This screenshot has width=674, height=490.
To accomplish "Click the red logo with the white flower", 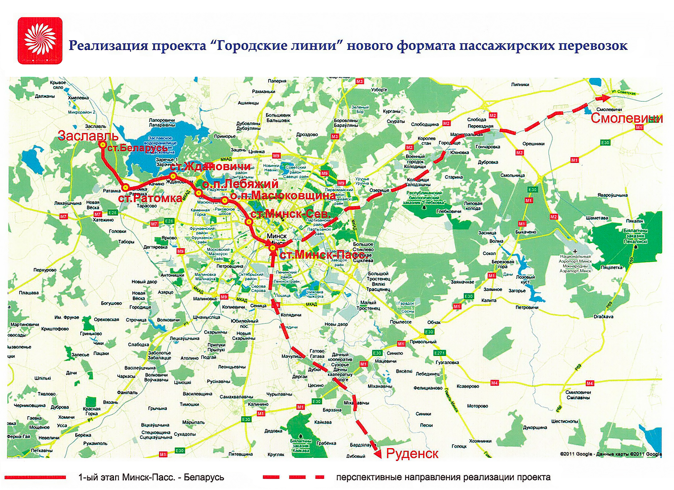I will click(40, 41).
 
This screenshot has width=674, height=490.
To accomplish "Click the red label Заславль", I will click(88, 136).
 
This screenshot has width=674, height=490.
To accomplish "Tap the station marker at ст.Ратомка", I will click(125, 187).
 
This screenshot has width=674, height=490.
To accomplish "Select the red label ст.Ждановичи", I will click(210, 166).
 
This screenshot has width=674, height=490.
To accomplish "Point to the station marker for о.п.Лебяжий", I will click(199, 193).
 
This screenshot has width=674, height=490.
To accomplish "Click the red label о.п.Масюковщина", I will click(283, 196).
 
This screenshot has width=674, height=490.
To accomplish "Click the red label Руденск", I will click(412, 453).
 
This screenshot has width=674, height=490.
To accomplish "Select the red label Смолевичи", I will click(626, 118).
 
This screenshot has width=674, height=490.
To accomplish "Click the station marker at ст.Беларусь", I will click(103, 144).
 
